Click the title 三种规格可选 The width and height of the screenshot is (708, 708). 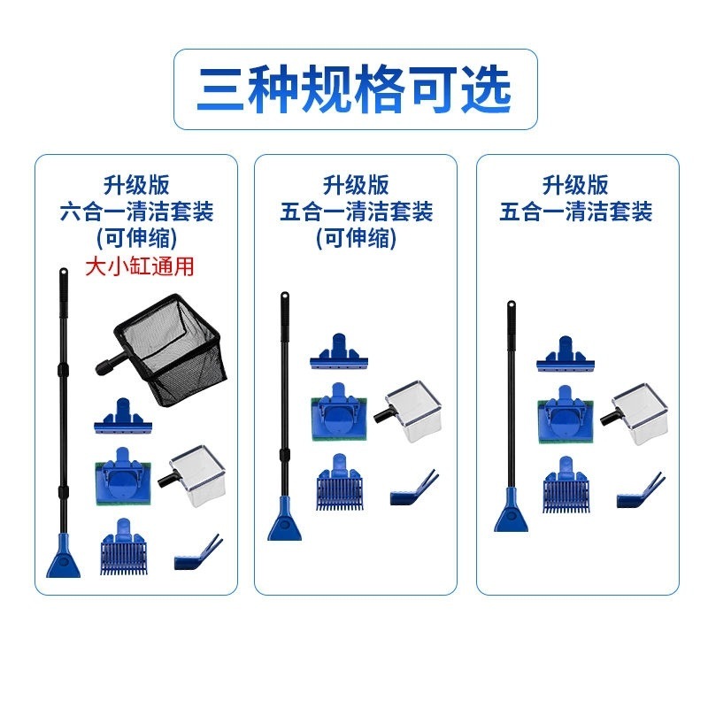click(354, 89)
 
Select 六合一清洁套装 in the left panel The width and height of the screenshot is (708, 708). click(136, 212)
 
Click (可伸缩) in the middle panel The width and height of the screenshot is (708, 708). click(356, 238)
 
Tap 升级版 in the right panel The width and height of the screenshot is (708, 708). click(576, 186)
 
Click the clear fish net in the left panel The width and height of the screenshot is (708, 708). click(197, 470)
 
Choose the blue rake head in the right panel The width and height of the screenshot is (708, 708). click(566, 485)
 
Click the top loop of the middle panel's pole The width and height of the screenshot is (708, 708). click(285, 299)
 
